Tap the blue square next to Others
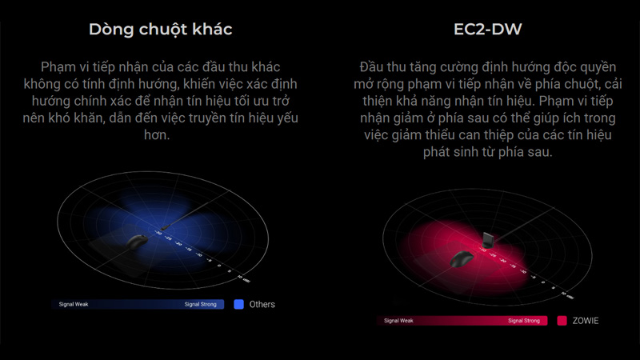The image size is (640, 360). click(x=238, y=304)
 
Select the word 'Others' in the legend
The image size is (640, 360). click(x=262, y=304)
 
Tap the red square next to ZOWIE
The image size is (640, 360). click(x=562, y=321)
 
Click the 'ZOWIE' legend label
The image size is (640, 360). click(x=586, y=321)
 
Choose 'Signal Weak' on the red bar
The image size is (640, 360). click(x=398, y=321)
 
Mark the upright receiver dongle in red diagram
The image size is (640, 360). click(x=488, y=239)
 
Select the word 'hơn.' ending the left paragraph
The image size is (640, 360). click(x=159, y=136)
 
